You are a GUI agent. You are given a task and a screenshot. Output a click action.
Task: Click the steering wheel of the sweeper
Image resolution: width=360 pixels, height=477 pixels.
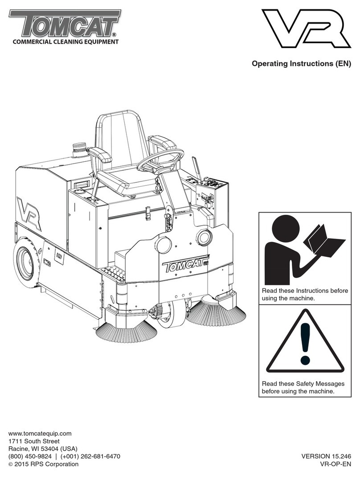coord(160,161)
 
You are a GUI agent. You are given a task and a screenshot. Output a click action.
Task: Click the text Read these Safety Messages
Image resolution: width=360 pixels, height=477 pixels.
coord(303,383)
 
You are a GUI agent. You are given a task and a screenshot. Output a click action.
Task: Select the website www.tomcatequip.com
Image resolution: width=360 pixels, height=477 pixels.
coord(40,433)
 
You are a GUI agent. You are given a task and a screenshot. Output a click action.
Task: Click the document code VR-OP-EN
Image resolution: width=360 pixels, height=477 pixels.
coord(335,464)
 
